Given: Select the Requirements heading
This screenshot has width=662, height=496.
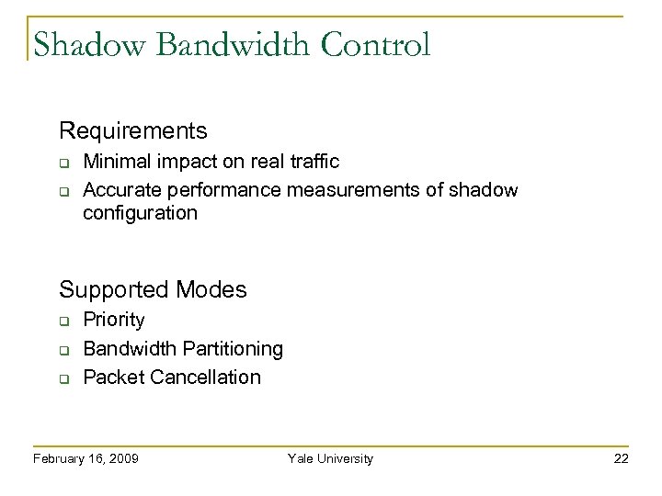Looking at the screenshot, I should tap(133, 130).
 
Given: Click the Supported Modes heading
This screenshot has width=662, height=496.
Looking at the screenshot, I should tap(153, 289).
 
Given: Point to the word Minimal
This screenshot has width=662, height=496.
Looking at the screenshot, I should tap(114, 162).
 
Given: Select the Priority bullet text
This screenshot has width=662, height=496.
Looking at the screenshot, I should tap(113, 320).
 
